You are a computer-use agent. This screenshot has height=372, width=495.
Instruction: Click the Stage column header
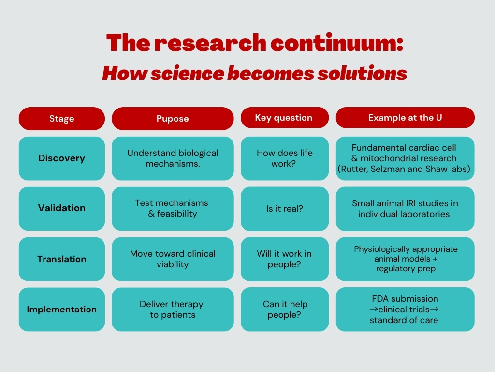click(61, 119)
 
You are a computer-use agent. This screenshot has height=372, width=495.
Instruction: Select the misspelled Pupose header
click(173, 119)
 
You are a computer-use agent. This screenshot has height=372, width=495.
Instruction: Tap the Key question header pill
click(284, 118)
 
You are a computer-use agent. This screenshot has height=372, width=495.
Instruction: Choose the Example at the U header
click(405, 118)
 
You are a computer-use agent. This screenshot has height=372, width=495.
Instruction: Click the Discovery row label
click(61, 158)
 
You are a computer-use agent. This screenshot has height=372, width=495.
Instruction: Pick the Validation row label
click(61, 208)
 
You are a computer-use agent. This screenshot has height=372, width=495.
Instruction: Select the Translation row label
click(61, 259)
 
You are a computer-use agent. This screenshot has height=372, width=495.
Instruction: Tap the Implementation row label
click(61, 310)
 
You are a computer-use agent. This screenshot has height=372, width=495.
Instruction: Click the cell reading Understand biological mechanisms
click(173, 158)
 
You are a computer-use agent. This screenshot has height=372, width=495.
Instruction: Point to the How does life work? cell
click(284, 158)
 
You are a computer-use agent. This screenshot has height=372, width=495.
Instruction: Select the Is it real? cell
click(284, 208)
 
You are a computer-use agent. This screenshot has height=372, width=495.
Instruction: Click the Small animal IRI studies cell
click(405, 208)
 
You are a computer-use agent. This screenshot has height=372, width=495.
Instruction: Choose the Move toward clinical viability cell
click(173, 259)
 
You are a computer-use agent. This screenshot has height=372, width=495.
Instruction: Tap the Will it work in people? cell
click(284, 259)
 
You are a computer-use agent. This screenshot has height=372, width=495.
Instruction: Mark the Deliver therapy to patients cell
click(173, 310)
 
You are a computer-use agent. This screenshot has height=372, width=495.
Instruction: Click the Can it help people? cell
click(284, 310)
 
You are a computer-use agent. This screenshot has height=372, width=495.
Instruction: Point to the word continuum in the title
click(336, 43)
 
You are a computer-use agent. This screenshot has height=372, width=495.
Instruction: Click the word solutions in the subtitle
click(362, 74)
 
